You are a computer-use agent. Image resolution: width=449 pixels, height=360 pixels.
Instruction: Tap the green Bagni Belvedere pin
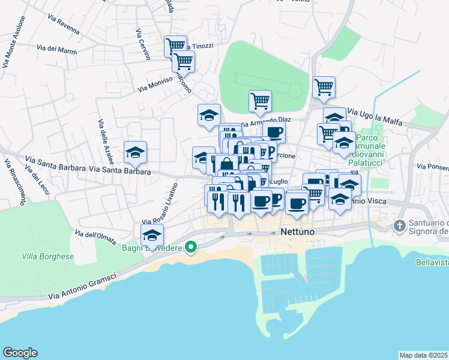coord(191,247)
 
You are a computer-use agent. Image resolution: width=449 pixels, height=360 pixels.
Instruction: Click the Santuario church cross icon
coord(400,226)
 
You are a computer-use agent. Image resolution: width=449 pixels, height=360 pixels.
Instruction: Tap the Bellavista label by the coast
coord(432,262)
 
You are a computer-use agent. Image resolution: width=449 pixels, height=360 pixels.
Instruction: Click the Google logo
coord(20,353)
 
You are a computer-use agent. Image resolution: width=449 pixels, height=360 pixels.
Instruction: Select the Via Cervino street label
coord(142,44)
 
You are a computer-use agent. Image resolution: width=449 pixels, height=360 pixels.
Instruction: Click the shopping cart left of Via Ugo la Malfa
coord(324,87)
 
